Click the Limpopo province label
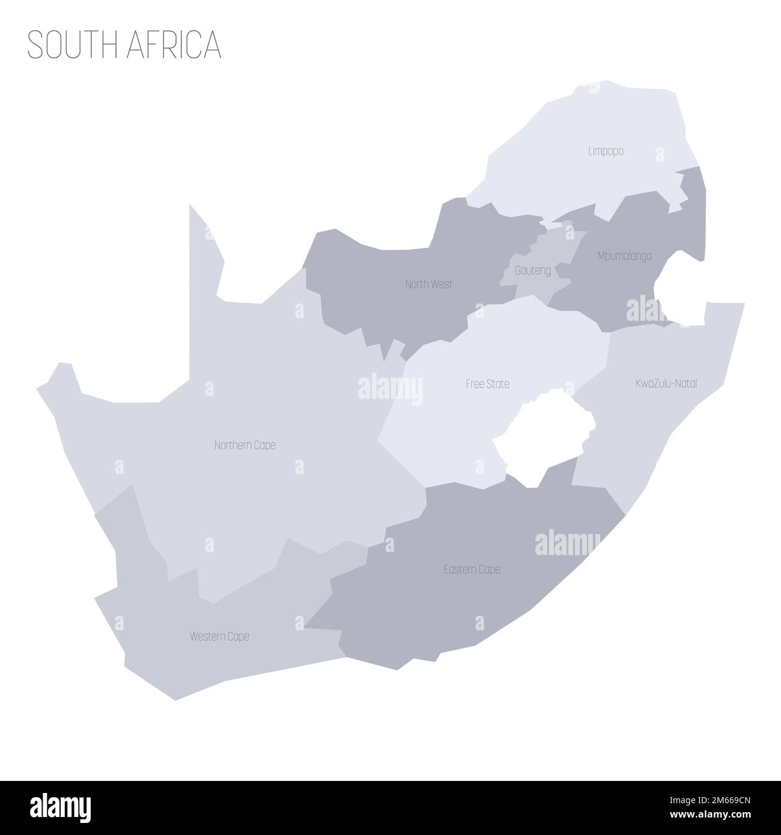605,151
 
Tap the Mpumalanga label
625,256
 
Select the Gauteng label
533,270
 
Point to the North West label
428,284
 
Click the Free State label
487,383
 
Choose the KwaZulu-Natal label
666,383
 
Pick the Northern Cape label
245,445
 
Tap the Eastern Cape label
472,569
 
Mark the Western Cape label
219,636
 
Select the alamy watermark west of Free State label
390,389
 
